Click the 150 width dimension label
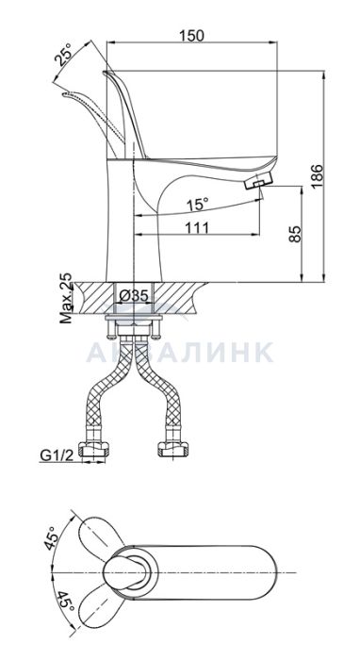pos(191,36)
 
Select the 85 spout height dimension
pos(296,234)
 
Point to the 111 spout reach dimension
pos(197,228)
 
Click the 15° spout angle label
pos(198,205)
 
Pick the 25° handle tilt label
pos(66,55)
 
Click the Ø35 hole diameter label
pos(133,296)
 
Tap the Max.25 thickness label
pos(66,298)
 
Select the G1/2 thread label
pos(57,454)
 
